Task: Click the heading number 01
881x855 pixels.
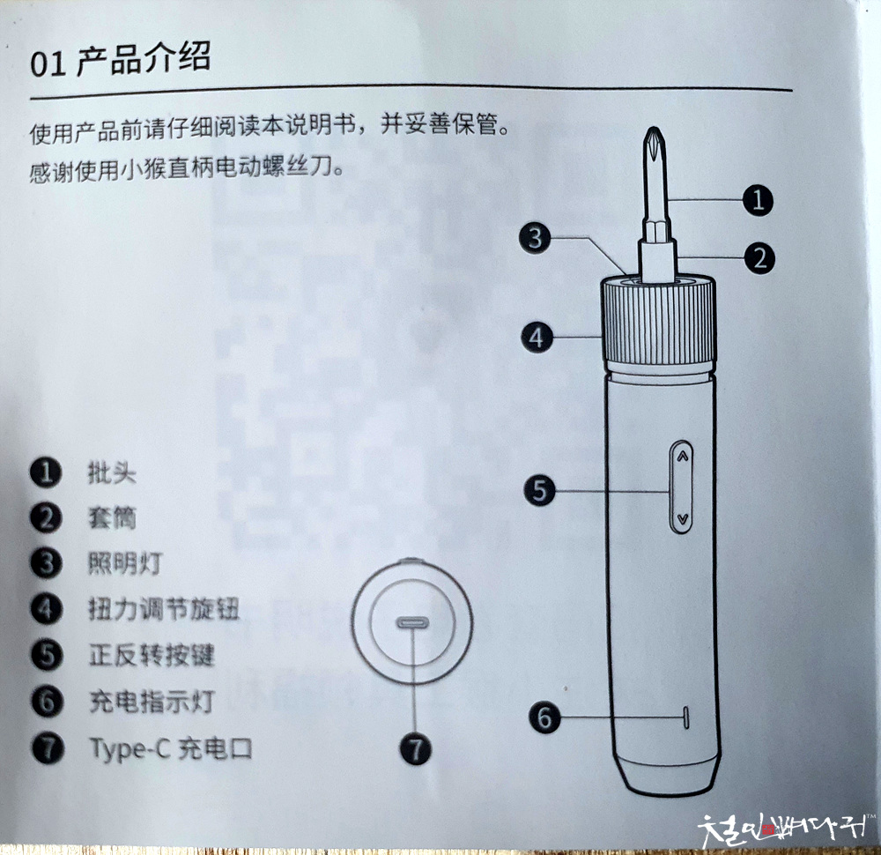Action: pos(48,64)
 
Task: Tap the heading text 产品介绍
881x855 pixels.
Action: pos(144,58)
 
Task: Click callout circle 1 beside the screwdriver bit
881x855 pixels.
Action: pos(758,200)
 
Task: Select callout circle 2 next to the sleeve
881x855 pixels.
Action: pos(759,258)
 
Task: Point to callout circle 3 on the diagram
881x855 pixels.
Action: pos(535,238)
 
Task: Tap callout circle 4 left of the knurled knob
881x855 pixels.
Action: pos(537,338)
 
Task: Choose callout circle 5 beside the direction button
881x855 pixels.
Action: pos(539,489)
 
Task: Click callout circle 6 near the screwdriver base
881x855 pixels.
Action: pos(544,717)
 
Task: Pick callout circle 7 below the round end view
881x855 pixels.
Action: pos(415,749)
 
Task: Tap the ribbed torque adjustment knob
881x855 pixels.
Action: pos(658,321)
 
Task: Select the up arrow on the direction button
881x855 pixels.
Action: pos(682,457)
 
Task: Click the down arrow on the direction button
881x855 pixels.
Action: pos(683,519)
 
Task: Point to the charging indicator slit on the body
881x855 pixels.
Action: pos(686,717)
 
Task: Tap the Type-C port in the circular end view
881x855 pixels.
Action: pos(413,623)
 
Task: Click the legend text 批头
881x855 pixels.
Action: pos(112,472)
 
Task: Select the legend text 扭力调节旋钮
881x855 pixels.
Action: pos(164,609)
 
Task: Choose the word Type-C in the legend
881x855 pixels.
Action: pos(130,749)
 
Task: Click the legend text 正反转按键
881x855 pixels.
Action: pos(152,656)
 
